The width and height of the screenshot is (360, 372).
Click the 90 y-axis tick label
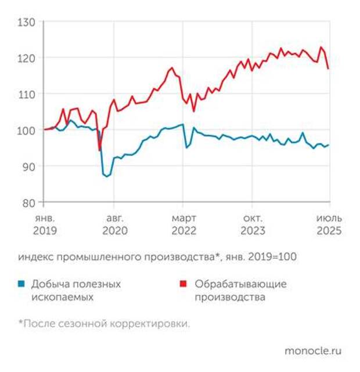pos(29,166)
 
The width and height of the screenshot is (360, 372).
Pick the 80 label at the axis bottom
pos(29,202)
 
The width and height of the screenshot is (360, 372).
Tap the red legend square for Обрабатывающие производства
pos(185,284)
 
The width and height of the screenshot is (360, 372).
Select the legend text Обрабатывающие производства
pos(240,290)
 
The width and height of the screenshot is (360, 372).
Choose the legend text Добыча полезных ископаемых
pos(76,290)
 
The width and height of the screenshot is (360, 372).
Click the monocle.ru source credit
pos(313,351)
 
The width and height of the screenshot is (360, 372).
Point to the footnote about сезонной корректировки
pos(104,324)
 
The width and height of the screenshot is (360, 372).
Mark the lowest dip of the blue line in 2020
pos(107,176)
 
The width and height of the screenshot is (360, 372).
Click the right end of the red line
pos(329,68)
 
